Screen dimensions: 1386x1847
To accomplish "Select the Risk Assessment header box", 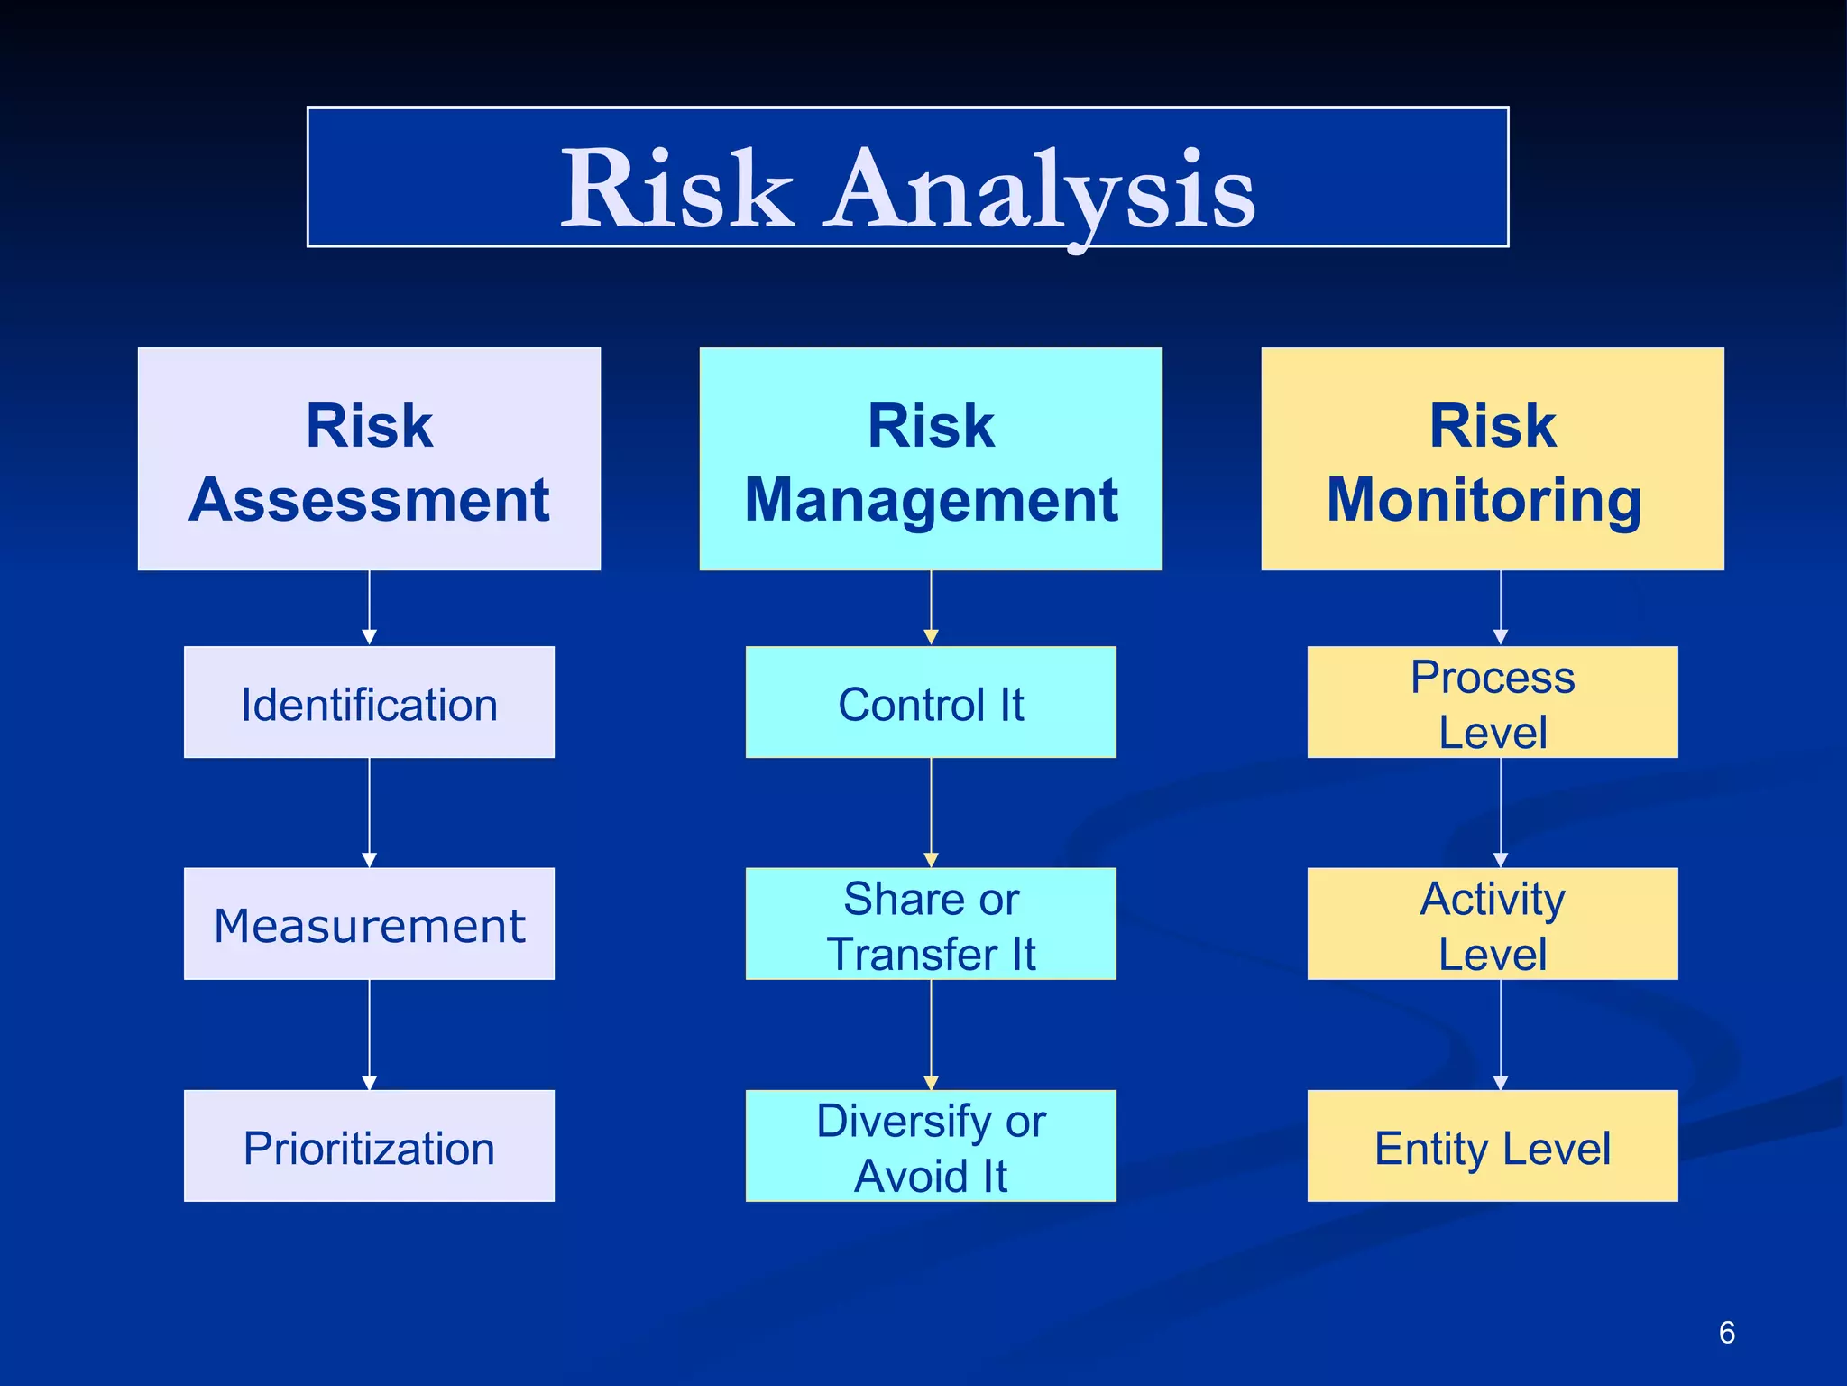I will pyautogui.click(x=369, y=458).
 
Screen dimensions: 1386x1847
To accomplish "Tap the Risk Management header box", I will pyautogui.click(x=931, y=458).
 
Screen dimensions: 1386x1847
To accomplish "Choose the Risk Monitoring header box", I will pyautogui.click(x=1493, y=458).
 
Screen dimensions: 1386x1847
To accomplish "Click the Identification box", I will pyautogui.click(x=369, y=703).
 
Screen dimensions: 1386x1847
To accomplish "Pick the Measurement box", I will pyautogui.click(x=369, y=924).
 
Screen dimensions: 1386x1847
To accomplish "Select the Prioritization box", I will pyautogui.click(x=369, y=1146).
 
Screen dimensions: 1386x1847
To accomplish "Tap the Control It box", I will pyautogui.click(x=931, y=703).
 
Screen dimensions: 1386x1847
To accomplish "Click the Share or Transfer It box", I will pyautogui.click(x=931, y=924).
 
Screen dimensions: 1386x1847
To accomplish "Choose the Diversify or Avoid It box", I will pyautogui.click(x=931, y=1146).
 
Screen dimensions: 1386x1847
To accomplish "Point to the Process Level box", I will pyautogui.click(x=1493, y=703).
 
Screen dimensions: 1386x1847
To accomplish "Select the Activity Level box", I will pyautogui.click(x=1493, y=924).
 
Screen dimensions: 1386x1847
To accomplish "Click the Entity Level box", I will pyautogui.click(x=1493, y=1146).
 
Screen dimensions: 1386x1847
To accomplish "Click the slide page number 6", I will pyautogui.click(x=1726, y=1333).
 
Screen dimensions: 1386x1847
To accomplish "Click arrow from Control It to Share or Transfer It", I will pyautogui.click(x=931, y=812).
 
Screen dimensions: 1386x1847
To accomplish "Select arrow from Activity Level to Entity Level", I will pyautogui.click(x=1501, y=1034).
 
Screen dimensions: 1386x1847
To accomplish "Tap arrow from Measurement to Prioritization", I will pyautogui.click(x=369, y=1034).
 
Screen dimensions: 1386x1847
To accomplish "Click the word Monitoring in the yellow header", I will pyautogui.click(x=1484, y=501).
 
